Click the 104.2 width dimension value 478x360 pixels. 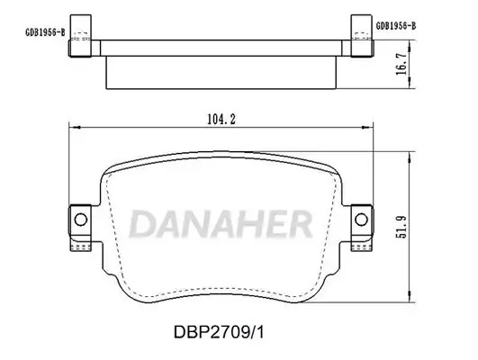click(x=221, y=119)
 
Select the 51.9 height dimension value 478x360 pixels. click(x=401, y=227)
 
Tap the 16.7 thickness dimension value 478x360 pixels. click(x=401, y=64)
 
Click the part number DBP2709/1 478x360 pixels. click(x=219, y=332)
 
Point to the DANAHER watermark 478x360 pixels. click(x=221, y=223)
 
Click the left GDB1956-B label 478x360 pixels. click(x=45, y=32)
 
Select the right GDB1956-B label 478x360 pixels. click(x=396, y=25)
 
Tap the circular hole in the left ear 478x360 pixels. click(x=81, y=220)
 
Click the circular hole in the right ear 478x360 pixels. click(x=361, y=220)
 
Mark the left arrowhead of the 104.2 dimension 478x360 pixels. click(x=74, y=128)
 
